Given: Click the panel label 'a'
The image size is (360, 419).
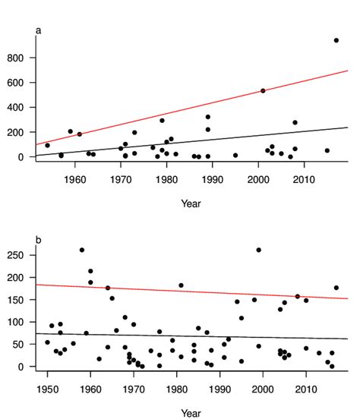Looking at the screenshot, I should point(39,30).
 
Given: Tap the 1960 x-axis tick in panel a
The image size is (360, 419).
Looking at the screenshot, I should point(74,178).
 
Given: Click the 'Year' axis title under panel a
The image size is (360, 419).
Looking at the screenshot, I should point(191,203).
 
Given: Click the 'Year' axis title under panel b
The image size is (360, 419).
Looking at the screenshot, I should point(191,413).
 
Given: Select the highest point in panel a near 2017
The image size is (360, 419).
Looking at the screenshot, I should point(336,40).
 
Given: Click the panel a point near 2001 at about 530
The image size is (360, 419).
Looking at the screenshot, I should point(263,90).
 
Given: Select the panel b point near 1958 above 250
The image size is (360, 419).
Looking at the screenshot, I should point(82,250).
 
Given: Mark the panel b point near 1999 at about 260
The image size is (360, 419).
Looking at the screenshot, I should point(258,250).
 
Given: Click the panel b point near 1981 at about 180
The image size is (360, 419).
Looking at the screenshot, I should point(181,285).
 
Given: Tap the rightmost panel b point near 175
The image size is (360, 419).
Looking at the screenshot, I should point(336,288).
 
